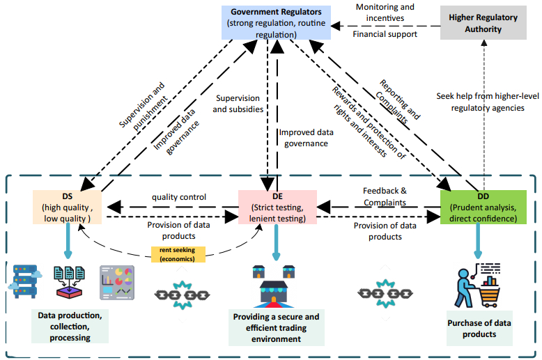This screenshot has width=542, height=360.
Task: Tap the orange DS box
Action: [67, 207]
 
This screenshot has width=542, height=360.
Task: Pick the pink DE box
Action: [277, 207]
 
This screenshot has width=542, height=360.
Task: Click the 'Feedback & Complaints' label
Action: [385, 196]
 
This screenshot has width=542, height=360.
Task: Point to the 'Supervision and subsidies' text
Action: [238, 104]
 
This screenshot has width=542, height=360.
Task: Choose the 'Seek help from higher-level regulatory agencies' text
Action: [480, 102]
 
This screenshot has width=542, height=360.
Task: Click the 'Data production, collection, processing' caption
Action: [70, 327]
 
